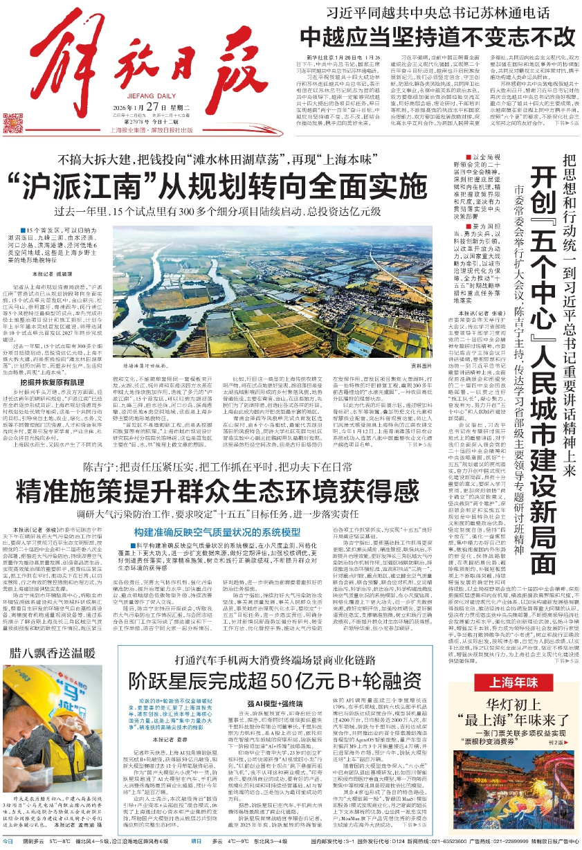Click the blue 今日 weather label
8,840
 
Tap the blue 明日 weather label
199,840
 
